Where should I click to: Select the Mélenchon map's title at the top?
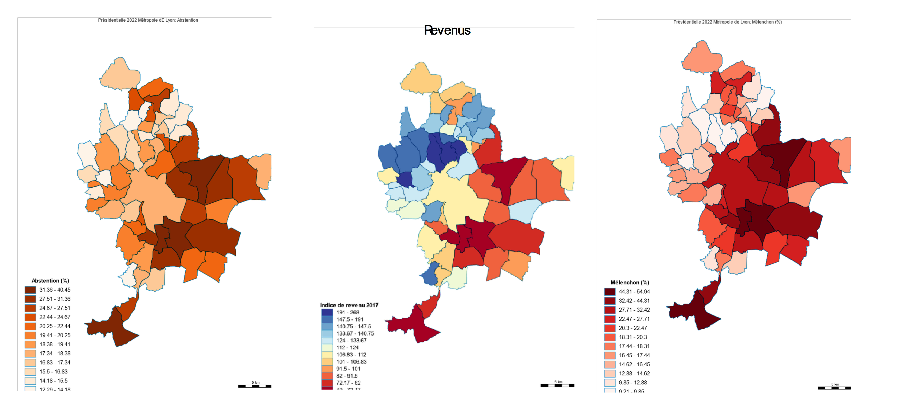pos(727,22)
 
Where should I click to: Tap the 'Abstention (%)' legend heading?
pos(50,280)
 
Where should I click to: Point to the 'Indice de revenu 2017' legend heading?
pos(349,305)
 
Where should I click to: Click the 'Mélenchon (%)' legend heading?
pos(630,282)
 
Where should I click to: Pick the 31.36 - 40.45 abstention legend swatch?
pos(30,290)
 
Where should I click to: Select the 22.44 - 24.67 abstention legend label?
pos(55,317)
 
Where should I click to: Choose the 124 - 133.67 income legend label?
pos(351,341)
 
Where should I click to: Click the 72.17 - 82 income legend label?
pos(348,383)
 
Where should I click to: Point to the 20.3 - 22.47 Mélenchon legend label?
pos(633,328)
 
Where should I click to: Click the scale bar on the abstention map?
pos(255,386)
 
